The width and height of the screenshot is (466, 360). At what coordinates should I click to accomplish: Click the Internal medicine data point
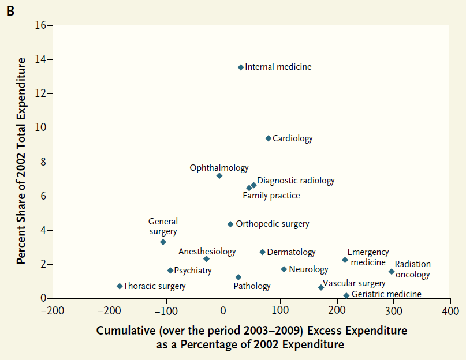pyautogui.click(x=241, y=67)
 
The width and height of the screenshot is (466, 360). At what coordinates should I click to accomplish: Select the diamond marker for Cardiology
pyautogui.click(x=269, y=138)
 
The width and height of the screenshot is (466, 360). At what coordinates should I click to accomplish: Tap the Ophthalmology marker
pyautogui.click(x=219, y=176)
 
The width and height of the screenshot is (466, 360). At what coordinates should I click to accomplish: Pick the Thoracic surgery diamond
pyautogui.click(x=120, y=286)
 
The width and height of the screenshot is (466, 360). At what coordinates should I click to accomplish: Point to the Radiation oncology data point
pyautogui.click(x=392, y=272)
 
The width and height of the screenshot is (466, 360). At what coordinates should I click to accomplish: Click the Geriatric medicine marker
pyautogui.click(x=346, y=295)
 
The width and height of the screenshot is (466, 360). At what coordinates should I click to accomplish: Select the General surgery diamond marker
pyautogui.click(x=163, y=242)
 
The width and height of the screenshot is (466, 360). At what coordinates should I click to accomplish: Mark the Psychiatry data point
pyautogui.click(x=170, y=271)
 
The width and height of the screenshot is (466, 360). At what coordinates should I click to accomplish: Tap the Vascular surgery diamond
pyautogui.click(x=321, y=287)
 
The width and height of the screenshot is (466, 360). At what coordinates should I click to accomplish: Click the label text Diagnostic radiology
pyautogui.click(x=296, y=181)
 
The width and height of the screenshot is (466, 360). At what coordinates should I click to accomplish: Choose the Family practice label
pyautogui.click(x=271, y=196)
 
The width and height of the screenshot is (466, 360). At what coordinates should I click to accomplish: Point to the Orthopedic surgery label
pyautogui.click(x=273, y=224)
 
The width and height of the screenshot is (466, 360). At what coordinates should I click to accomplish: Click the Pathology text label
pyautogui.click(x=252, y=286)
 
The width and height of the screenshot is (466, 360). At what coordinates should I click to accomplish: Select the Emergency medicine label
pyautogui.click(x=368, y=257)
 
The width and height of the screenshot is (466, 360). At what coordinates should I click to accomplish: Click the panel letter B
pyautogui.click(x=10, y=11)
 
